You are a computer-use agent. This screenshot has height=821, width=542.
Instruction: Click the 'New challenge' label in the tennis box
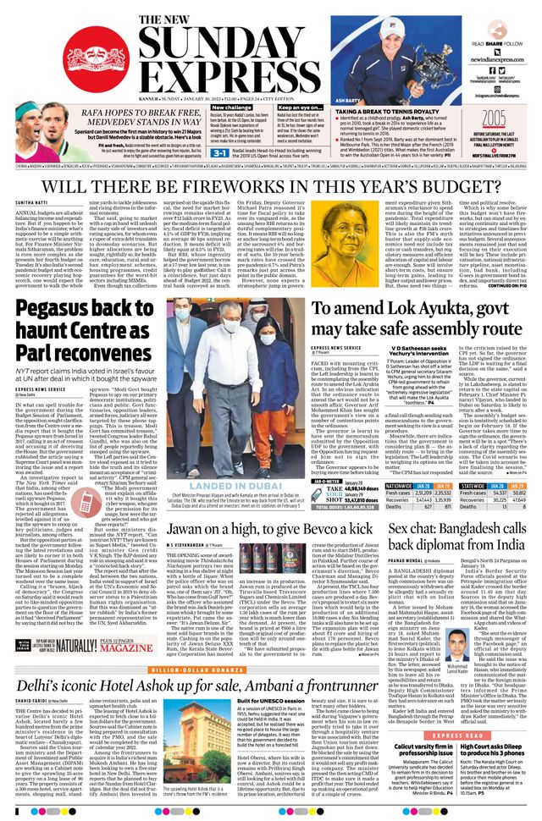click(207, 108)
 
